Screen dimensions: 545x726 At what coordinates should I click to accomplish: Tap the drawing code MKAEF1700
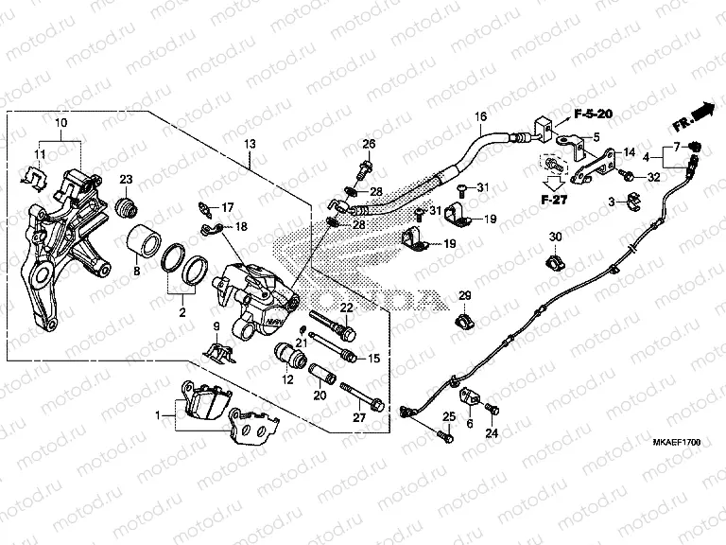[x=673, y=441]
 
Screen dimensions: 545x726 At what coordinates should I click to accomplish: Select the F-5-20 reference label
[x=594, y=114]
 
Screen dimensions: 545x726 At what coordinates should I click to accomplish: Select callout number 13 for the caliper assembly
[x=250, y=143]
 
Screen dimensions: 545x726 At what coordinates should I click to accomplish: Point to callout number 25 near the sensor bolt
[x=448, y=417]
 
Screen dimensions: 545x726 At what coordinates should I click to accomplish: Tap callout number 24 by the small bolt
[x=491, y=434]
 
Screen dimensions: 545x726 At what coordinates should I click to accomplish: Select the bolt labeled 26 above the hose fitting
[x=365, y=172]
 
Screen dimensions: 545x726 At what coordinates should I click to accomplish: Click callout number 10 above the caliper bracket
[x=60, y=124]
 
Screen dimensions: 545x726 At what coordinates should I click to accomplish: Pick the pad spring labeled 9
[x=222, y=353]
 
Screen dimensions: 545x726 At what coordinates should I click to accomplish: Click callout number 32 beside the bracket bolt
[x=653, y=176]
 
